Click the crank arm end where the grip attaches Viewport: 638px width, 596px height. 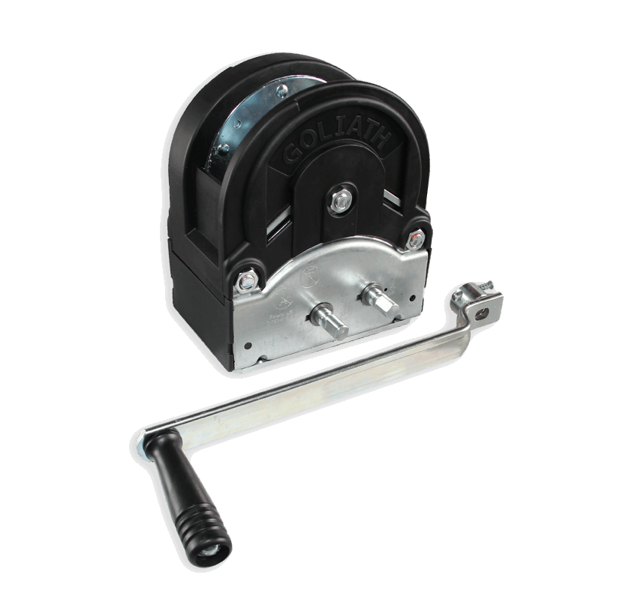147,439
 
